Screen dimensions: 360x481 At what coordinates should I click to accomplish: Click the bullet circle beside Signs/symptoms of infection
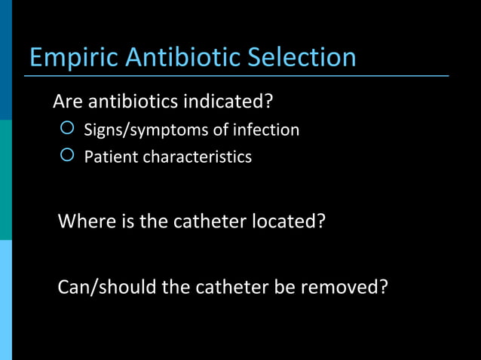[x=67, y=129]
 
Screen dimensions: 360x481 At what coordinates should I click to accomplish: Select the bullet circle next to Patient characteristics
[x=67, y=156]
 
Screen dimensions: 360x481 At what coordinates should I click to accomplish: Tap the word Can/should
[x=106, y=288]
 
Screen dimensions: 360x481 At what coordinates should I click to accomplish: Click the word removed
[x=345, y=288]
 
